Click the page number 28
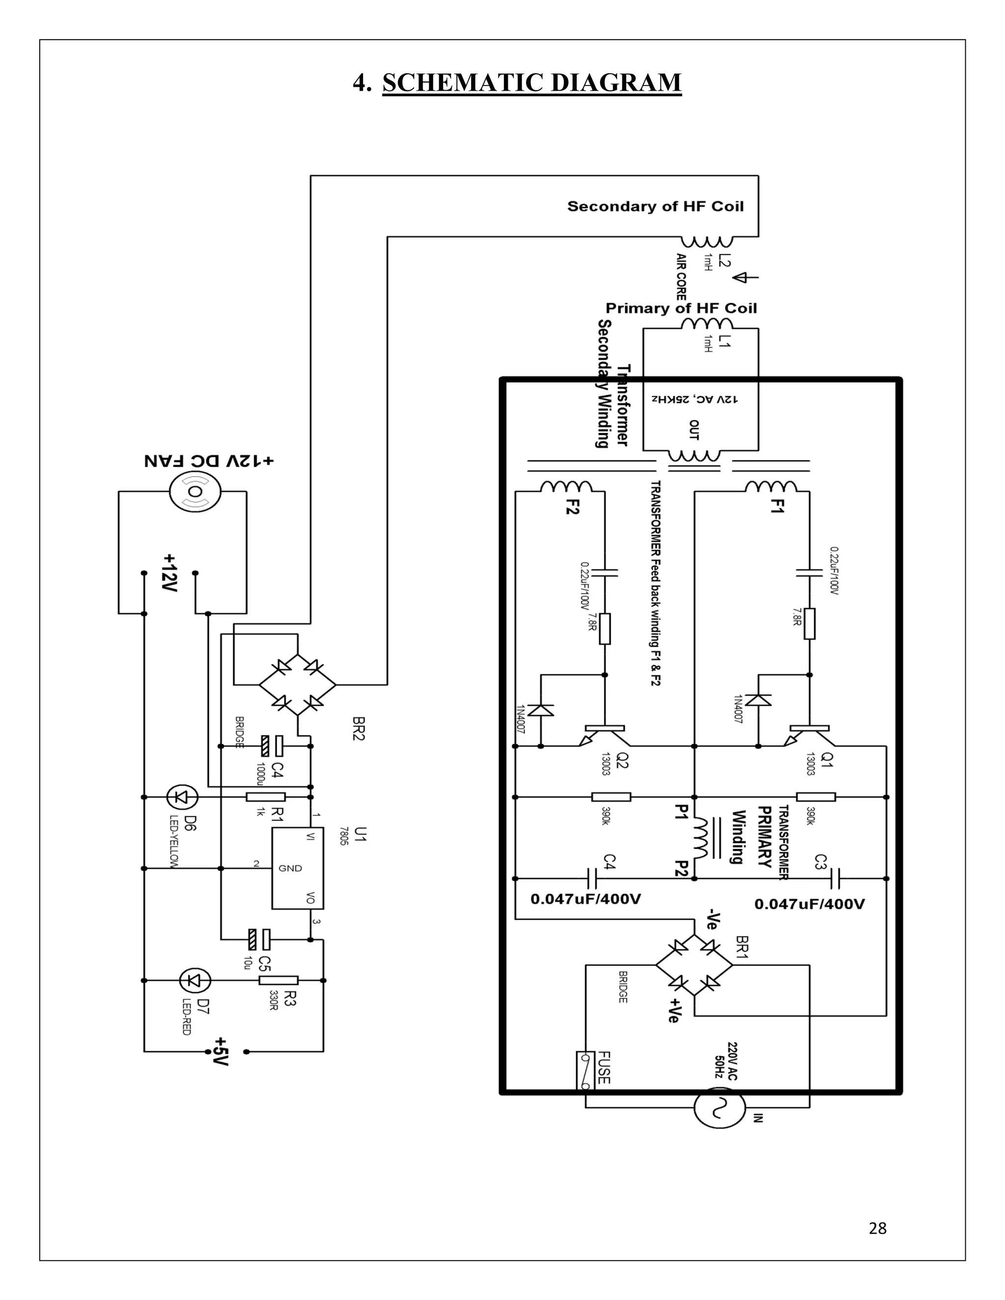pyautogui.click(x=877, y=1228)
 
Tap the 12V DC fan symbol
pyautogui.click(x=195, y=492)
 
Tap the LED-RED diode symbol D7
pyautogui.click(x=195, y=980)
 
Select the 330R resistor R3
pyautogui.click(x=278, y=980)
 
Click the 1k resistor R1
pyautogui.click(x=265, y=796)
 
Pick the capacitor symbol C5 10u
pyautogui.click(x=259, y=940)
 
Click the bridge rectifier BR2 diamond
pyautogui.click(x=297, y=684)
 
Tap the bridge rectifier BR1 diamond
pyautogui.click(x=694, y=964)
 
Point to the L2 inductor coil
pyautogui.click(x=707, y=242)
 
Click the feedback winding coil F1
pyautogui.click(x=771, y=487)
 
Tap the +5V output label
pyautogui.click(x=221, y=1051)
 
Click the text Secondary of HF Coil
pyautogui.click(x=655, y=207)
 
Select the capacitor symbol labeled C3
pyautogui.click(x=835, y=878)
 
